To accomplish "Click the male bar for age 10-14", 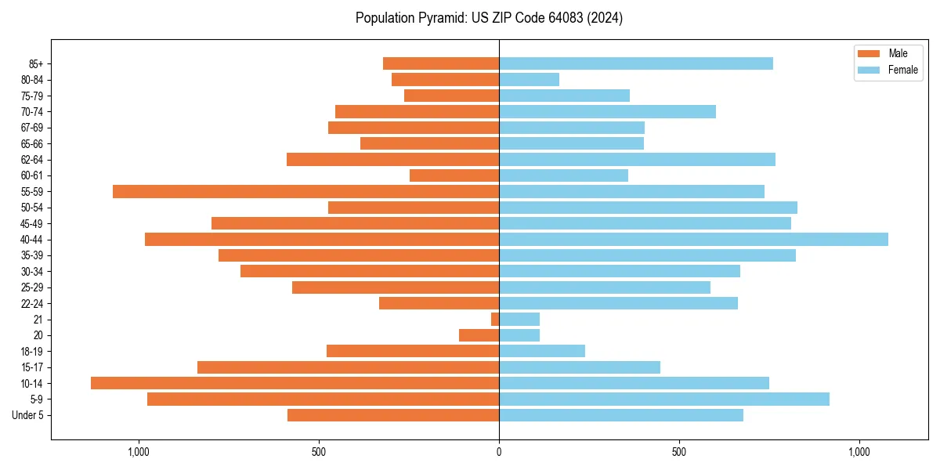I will pyautogui.click(x=295, y=383).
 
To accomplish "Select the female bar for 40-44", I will pyautogui.click(x=693, y=239).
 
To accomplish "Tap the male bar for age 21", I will pyautogui.click(x=495, y=319).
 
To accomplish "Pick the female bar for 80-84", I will pyautogui.click(x=529, y=79).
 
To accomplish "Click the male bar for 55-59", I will pyautogui.click(x=305, y=191).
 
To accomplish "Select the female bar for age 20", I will pyautogui.click(x=519, y=335).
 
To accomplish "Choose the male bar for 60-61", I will pyautogui.click(x=454, y=175).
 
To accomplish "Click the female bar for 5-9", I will pyautogui.click(x=664, y=399).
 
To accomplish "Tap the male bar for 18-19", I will pyautogui.click(x=413, y=351).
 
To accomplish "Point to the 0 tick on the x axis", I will pyautogui.click(x=499, y=452).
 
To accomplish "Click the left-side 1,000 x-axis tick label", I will pyautogui.click(x=138, y=452).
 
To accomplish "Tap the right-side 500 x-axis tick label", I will pyautogui.click(x=679, y=452).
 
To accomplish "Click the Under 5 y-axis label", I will pyautogui.click(x=28, y=415).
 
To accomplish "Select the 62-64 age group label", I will pyautogui.click(x=32, y=160).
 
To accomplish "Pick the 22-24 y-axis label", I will pyautogui.click(x=32, y=303).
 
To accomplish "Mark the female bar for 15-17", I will pyautogui.click(x=580, y=367).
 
